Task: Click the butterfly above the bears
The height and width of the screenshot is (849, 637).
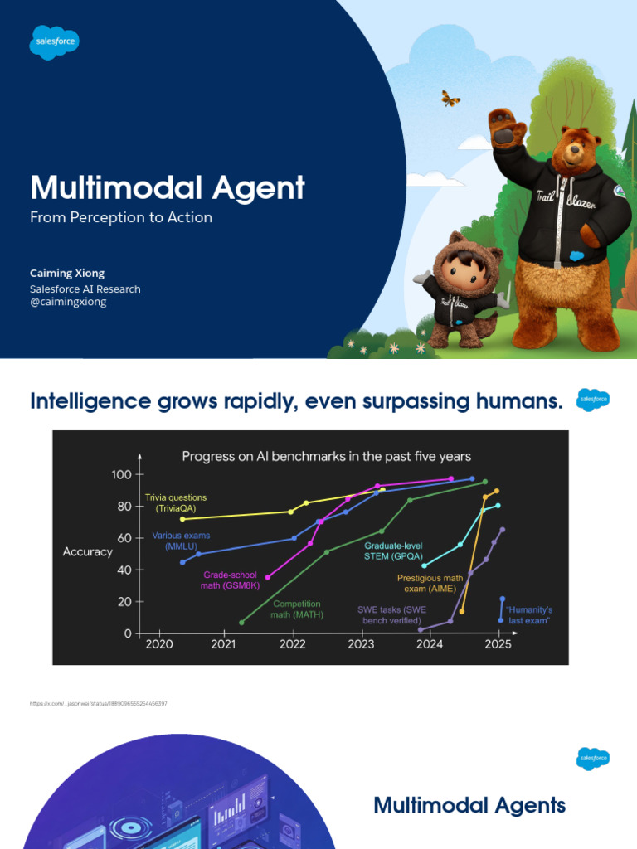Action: coord(450,99)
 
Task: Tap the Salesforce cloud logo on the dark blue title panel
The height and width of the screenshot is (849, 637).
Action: coord(55,42)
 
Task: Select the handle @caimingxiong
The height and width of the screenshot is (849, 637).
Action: coord(68,302)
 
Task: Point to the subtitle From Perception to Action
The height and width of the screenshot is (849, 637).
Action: coord(121,217)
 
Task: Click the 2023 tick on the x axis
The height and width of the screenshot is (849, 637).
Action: coord(361,643)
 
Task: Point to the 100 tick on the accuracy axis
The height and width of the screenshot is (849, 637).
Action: coord(121,474)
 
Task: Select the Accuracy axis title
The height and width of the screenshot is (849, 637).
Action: coord(88,552)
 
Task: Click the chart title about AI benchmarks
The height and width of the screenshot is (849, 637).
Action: coord(326,456)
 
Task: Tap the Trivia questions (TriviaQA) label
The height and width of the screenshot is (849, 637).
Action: coord(176,502)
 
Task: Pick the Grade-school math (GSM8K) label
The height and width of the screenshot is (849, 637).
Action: coord(231,580)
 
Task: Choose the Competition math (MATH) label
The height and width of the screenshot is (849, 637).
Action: coord(297,609)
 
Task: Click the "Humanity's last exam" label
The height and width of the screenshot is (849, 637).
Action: coord(528,615)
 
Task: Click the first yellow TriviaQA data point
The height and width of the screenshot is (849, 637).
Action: coord(182,519)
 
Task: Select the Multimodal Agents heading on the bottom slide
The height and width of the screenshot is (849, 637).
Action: coord(469,804)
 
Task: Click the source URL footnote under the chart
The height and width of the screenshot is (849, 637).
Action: coord(99,704)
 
